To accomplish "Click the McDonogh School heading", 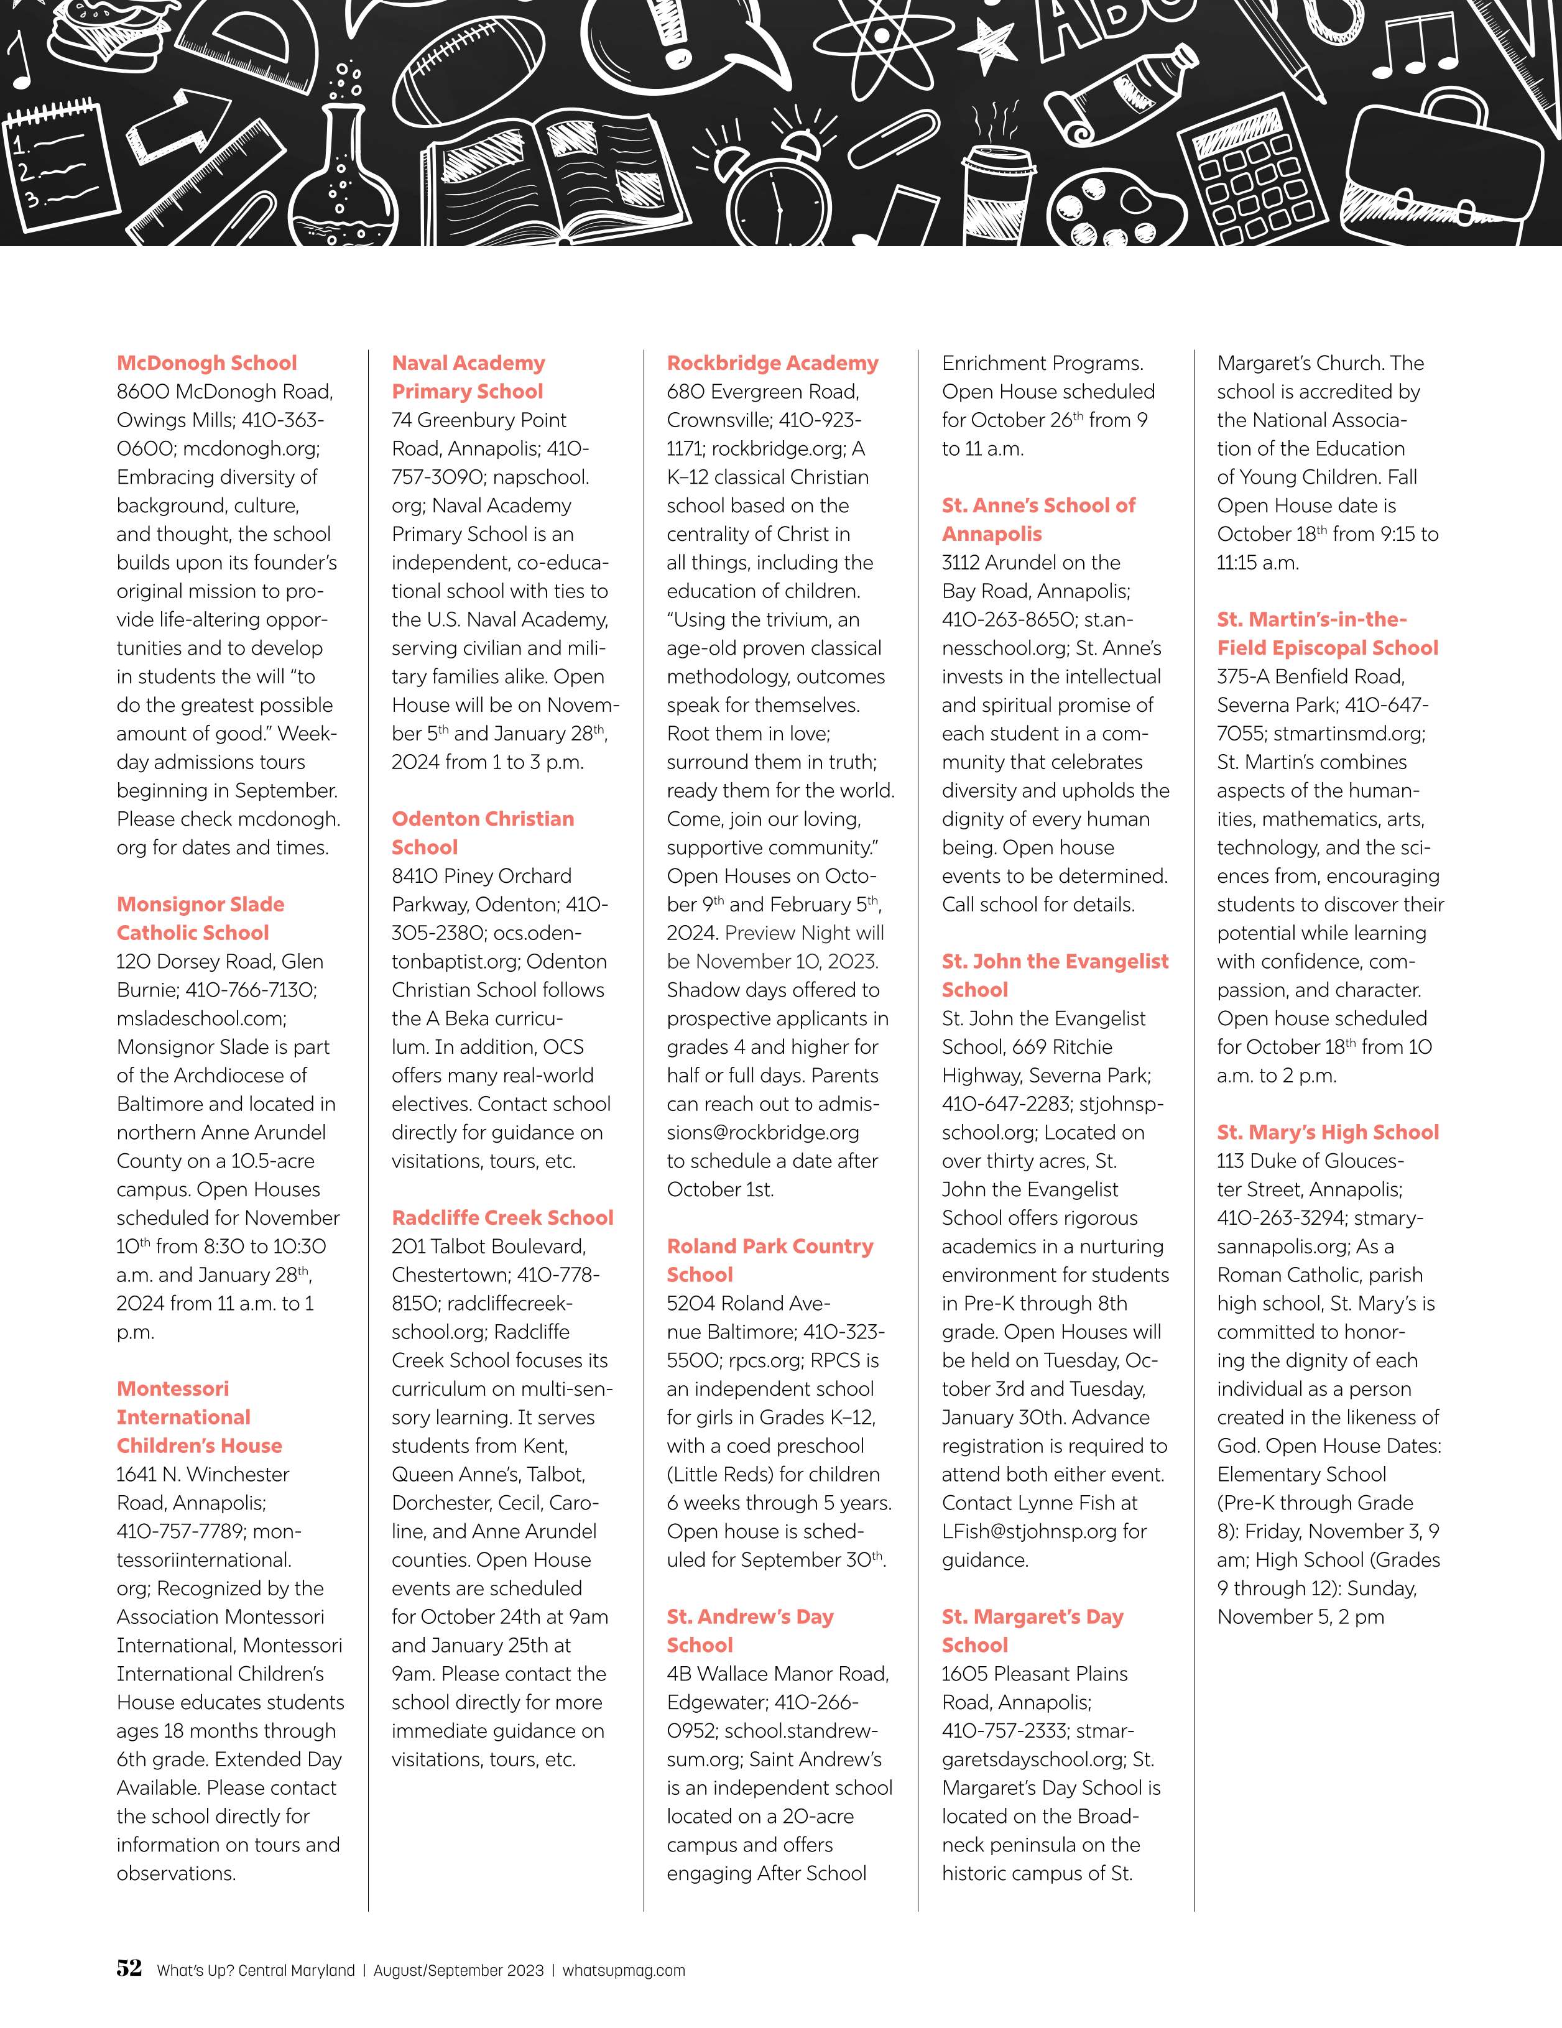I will click(x=206, y=363).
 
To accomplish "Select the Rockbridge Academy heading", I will click(x=772, y=363).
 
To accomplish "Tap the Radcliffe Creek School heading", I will click(x=501, y=1217).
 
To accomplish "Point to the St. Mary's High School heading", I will click(x=1327, y=1132).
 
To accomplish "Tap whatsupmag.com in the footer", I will click(x=623, y=1970).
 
